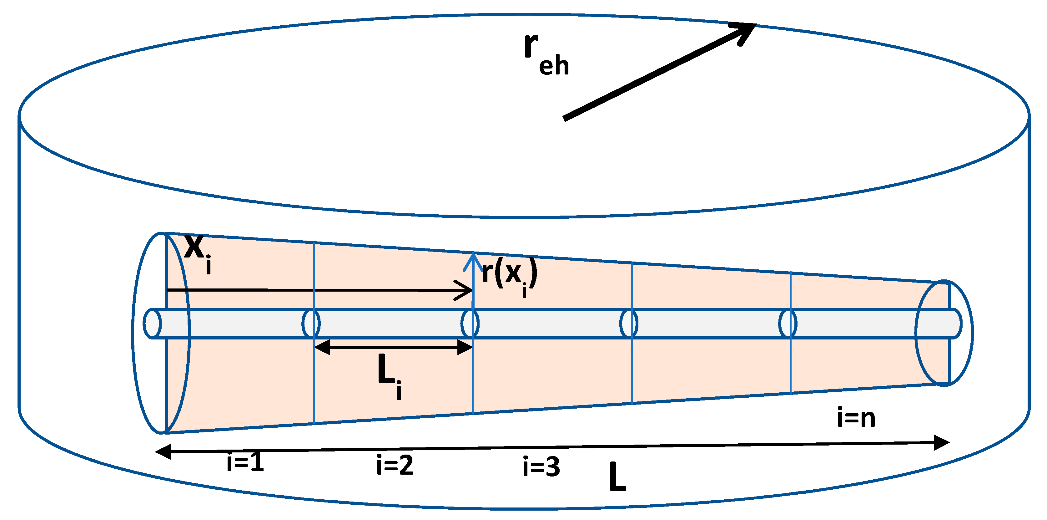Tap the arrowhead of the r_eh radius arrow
tap(746, 29)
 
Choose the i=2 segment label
tap(395, 465)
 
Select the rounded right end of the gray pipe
tap(956, 324)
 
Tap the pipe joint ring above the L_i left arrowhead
tap(311, 324)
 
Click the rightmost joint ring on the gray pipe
tap(788, 324)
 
